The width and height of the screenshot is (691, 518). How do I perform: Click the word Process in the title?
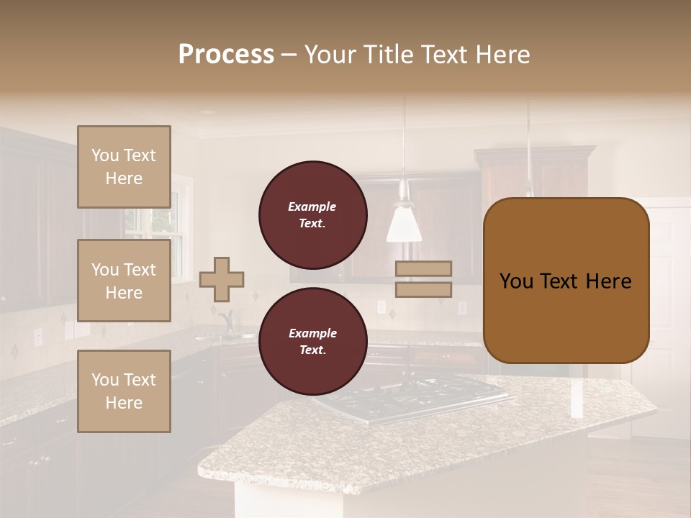pyautogui.click(x=226, y=55)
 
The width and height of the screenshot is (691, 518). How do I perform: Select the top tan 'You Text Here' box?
pyautogui.click(x=124, y=167)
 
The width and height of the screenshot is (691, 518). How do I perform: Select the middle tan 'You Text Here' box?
pyautogui.click(x=124, y=281)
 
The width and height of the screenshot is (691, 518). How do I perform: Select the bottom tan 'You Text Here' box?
pyautogui.click(x=124, y=391)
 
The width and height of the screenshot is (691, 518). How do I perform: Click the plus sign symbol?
pyautogui.click(x=222, y=279)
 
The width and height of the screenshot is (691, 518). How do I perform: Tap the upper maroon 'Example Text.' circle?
pyautogui.click(x=312, y=215)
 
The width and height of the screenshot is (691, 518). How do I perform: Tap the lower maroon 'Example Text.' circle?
pyautogui.click(x=312, y=342)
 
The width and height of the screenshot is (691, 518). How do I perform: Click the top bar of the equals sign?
pyautogui.click(x=423, y=268)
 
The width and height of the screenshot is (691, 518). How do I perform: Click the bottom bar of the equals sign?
pyautogui.click(x=423, y=290)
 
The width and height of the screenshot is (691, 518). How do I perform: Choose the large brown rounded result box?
pyautogui.click(x=566, y=281)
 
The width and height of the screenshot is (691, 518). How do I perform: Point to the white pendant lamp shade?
pyautogui.click(x=404, y=223)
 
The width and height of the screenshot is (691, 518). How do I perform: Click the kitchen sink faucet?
pyautogui.click(x=227, y=319)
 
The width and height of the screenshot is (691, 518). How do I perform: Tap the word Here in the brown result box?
pyautogui.click(x=608, y=281)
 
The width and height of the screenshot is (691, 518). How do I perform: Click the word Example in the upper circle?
pyautogui.click(x=312, y=206)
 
